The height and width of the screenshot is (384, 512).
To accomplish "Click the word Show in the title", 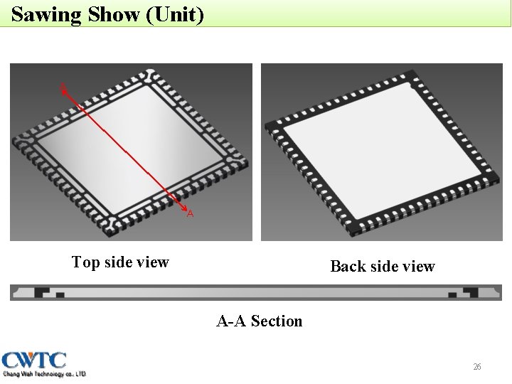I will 114,14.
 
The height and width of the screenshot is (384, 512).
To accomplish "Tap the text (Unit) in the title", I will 174,14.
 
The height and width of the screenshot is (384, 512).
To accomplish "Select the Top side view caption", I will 120,262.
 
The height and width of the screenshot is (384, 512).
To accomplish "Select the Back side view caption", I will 383,267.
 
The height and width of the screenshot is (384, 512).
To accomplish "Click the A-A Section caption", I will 260,321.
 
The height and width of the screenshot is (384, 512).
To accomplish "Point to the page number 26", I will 477,367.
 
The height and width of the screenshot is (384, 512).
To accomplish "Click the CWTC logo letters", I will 34,360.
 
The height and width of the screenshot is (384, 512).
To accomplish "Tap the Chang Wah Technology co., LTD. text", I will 44,373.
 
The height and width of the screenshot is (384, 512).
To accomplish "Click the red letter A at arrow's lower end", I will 190,213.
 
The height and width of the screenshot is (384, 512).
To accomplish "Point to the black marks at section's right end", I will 466,292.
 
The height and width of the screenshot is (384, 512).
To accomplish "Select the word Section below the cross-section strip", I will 277,321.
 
